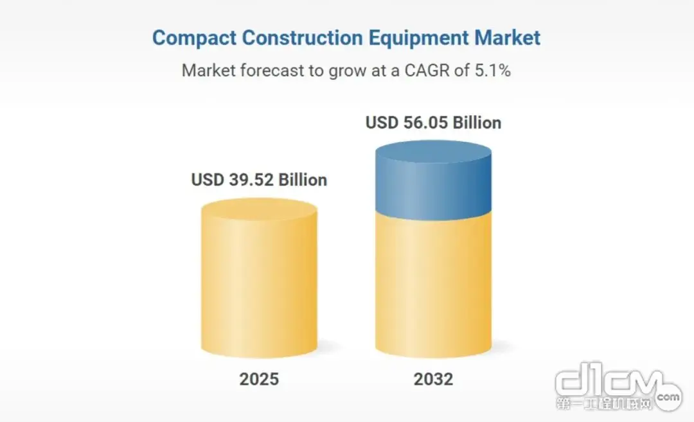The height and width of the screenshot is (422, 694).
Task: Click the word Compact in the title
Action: click(194, 38)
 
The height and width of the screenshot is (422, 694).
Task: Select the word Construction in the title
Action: click(302, 37)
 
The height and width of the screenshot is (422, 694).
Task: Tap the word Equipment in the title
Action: click(419, 38)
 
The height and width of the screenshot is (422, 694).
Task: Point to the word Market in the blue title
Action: click(507, 37)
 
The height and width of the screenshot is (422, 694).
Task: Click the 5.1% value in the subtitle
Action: click(493, 71)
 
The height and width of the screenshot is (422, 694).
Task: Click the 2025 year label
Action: click(259, 379)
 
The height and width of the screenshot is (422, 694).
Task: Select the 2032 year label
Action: click(433, 379)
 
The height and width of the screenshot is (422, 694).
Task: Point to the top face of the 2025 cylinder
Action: click(260, 209)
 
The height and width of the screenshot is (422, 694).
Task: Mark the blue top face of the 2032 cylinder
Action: click(433, 152)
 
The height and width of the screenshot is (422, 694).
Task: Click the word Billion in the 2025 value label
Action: click(303, 180)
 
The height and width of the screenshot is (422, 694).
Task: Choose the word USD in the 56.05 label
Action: click(382, 123)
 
